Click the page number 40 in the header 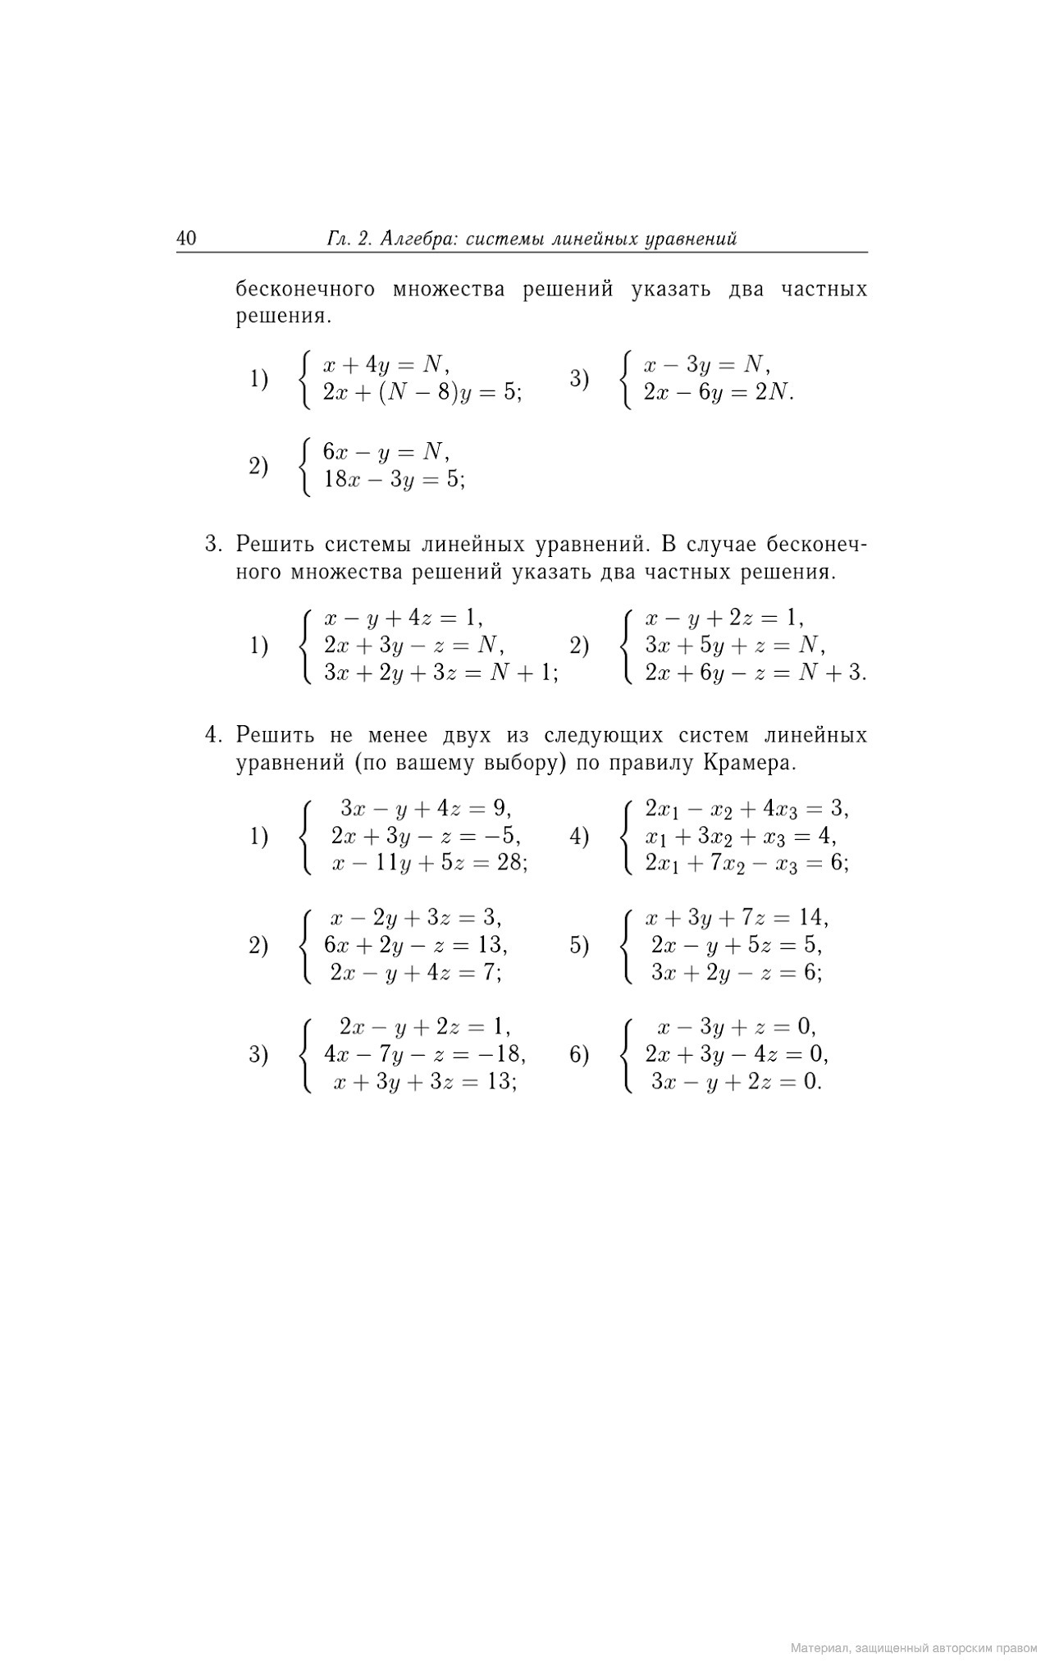click(x=186, y=239)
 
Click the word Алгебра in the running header click(x=414, y=239)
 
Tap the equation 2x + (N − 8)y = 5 click(x=422, y=392)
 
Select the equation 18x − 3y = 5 click(x=394, y=480)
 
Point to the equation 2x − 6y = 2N click(x=719, y=392)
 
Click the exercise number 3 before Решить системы click(x=212, y=545)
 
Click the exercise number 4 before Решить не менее click(x=212, y=734)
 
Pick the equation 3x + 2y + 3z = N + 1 click(x=441, y=673)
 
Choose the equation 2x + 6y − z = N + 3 click(x=755, y=673)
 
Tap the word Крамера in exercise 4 click(x=749, y=763)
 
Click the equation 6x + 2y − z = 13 click(x=416, y=946)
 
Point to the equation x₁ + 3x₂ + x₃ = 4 click(x=740, y=837)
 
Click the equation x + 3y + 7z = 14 click(x=737, y=918)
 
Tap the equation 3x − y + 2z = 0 click(x=736, y=1082)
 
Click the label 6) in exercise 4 click(x=579, y=1055)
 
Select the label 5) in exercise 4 click(x=579, y=946)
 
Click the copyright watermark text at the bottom click(x=914, y=1647)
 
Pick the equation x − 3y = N click(x=706, y=364)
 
